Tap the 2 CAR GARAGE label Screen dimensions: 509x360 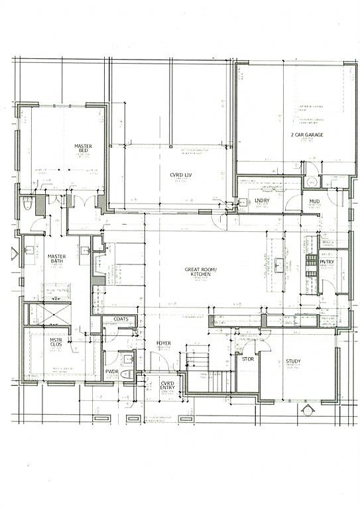point(307,135)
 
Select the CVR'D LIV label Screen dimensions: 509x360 point(181,175)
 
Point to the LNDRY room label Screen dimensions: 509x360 point(262,199)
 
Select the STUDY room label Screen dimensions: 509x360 point(294,361)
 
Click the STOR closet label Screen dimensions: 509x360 point(248,360)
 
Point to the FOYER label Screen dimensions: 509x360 point(164,343)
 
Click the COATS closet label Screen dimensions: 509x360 point(121,319)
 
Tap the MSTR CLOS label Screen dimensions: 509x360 point(56,343)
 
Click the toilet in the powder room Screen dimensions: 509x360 point(127,374)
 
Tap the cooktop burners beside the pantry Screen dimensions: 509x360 point(310,264)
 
